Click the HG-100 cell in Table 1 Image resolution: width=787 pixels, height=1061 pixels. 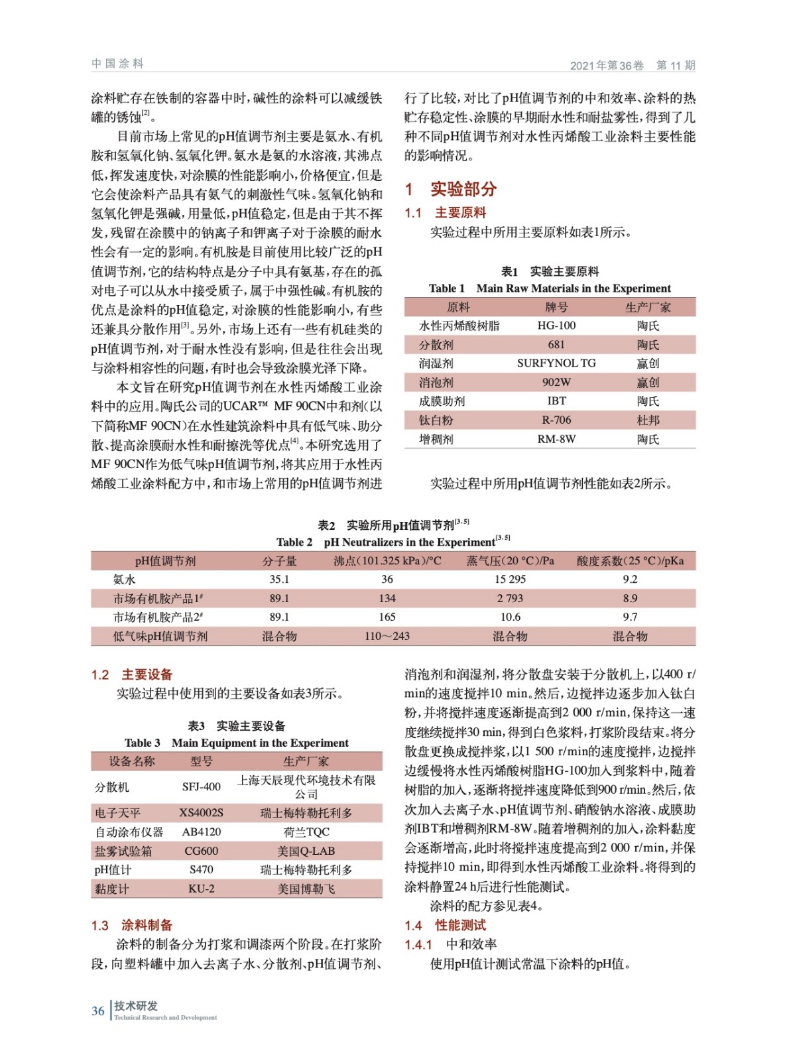(556, 326)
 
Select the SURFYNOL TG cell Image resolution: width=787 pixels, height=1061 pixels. (556, 363)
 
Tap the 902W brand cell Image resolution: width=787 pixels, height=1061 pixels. (556, 382)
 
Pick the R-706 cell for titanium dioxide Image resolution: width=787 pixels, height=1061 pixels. (556, 420)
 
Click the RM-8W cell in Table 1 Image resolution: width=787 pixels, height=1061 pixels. (556, 439)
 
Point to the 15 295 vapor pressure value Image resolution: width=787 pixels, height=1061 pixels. (510, 579)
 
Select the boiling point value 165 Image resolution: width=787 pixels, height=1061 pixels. (387, 617)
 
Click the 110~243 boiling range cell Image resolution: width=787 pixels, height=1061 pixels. (387, 636)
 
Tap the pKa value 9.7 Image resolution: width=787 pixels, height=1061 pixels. (630, 617)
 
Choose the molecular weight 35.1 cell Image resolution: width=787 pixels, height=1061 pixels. (279, 579)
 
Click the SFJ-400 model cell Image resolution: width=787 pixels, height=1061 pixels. (202, 787)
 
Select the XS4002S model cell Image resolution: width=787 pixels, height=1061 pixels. (202, 812)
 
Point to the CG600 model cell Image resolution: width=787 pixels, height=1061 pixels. (202, 851)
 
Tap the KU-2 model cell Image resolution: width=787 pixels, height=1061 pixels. (202, 889)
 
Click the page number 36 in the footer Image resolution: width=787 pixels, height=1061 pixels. (98, 1011)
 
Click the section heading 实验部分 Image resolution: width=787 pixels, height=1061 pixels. (463, 189)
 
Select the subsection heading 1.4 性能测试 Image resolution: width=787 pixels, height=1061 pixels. (446, 925)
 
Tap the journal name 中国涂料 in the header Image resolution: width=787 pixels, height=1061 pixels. (117, 64)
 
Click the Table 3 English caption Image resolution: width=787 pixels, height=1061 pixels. (237, 743)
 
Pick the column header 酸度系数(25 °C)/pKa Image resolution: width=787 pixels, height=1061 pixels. (630, 561)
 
